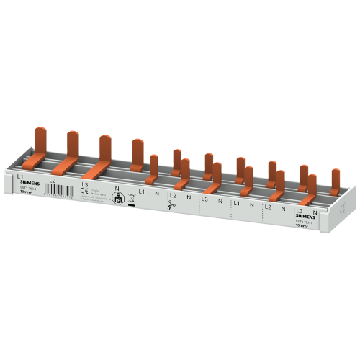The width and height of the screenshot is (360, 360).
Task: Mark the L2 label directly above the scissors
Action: pos(173,196)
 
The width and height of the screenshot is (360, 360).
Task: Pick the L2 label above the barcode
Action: pos(51,180)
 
